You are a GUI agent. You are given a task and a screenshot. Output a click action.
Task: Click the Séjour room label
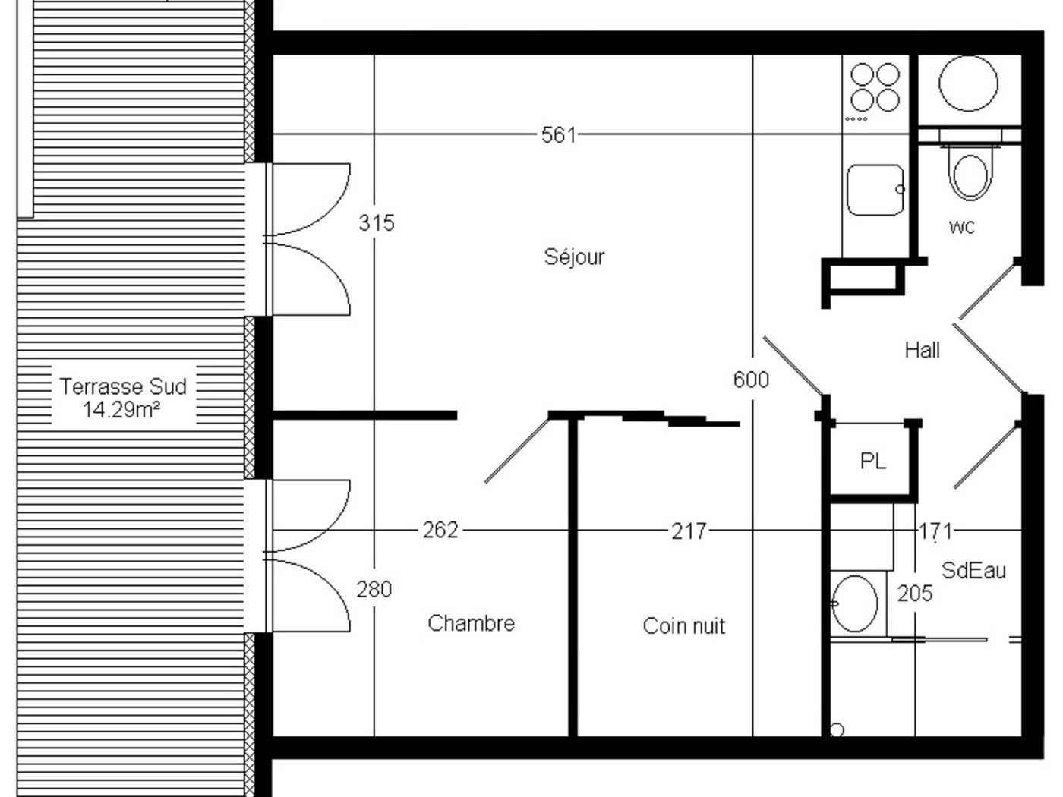[x=574, y=257]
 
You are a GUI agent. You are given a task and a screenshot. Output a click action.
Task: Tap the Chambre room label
[x=471, y=622]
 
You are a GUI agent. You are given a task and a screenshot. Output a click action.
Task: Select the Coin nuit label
[x=684, y=625]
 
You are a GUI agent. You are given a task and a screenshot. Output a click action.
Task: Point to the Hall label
[x=922, y=350]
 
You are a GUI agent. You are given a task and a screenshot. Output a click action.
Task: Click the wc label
[x=961, y=226]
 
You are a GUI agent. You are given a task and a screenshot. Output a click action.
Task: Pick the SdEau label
[x=973, y=571]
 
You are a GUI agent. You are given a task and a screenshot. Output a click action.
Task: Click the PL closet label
[x=873, y=461]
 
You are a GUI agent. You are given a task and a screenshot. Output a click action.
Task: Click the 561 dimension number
[x=559, y=135]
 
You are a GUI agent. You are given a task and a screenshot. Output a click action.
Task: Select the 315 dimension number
[x=377, y=222]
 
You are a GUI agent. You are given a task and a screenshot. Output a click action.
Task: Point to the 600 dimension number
[x=751, y=380]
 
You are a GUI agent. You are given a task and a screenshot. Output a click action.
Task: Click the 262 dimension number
[x=440, y=530]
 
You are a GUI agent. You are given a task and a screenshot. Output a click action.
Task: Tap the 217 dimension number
[x=689, y=531]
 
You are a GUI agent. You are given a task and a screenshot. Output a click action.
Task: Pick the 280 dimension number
[x=374, y=590]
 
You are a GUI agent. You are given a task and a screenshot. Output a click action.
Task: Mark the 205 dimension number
[x=915, y=593]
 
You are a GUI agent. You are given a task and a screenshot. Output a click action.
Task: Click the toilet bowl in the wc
[x=970, y=175]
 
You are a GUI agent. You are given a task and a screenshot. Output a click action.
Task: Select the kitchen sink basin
[x=875, y=190]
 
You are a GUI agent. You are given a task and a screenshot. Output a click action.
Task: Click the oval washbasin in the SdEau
[x=855, y=604]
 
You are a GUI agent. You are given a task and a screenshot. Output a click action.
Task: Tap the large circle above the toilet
[x=968, y=83]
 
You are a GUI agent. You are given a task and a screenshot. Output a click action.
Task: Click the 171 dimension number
[x=935, y=531]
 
